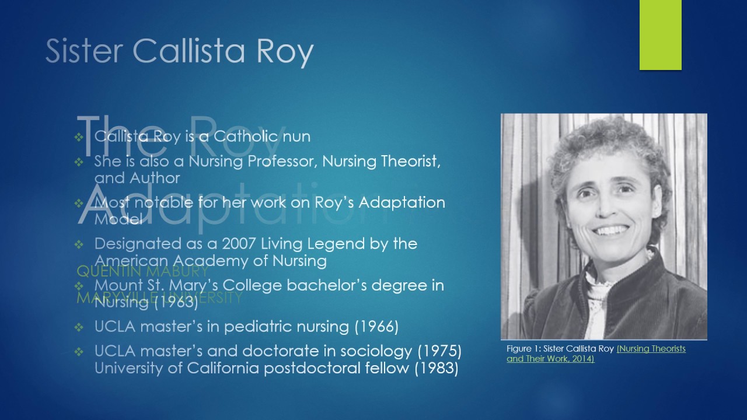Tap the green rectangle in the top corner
click(660, 35)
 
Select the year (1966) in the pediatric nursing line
click(376, 327)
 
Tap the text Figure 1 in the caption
click(523, 349)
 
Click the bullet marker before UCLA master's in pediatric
click(79, 327)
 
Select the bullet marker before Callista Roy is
click(79, 137)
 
